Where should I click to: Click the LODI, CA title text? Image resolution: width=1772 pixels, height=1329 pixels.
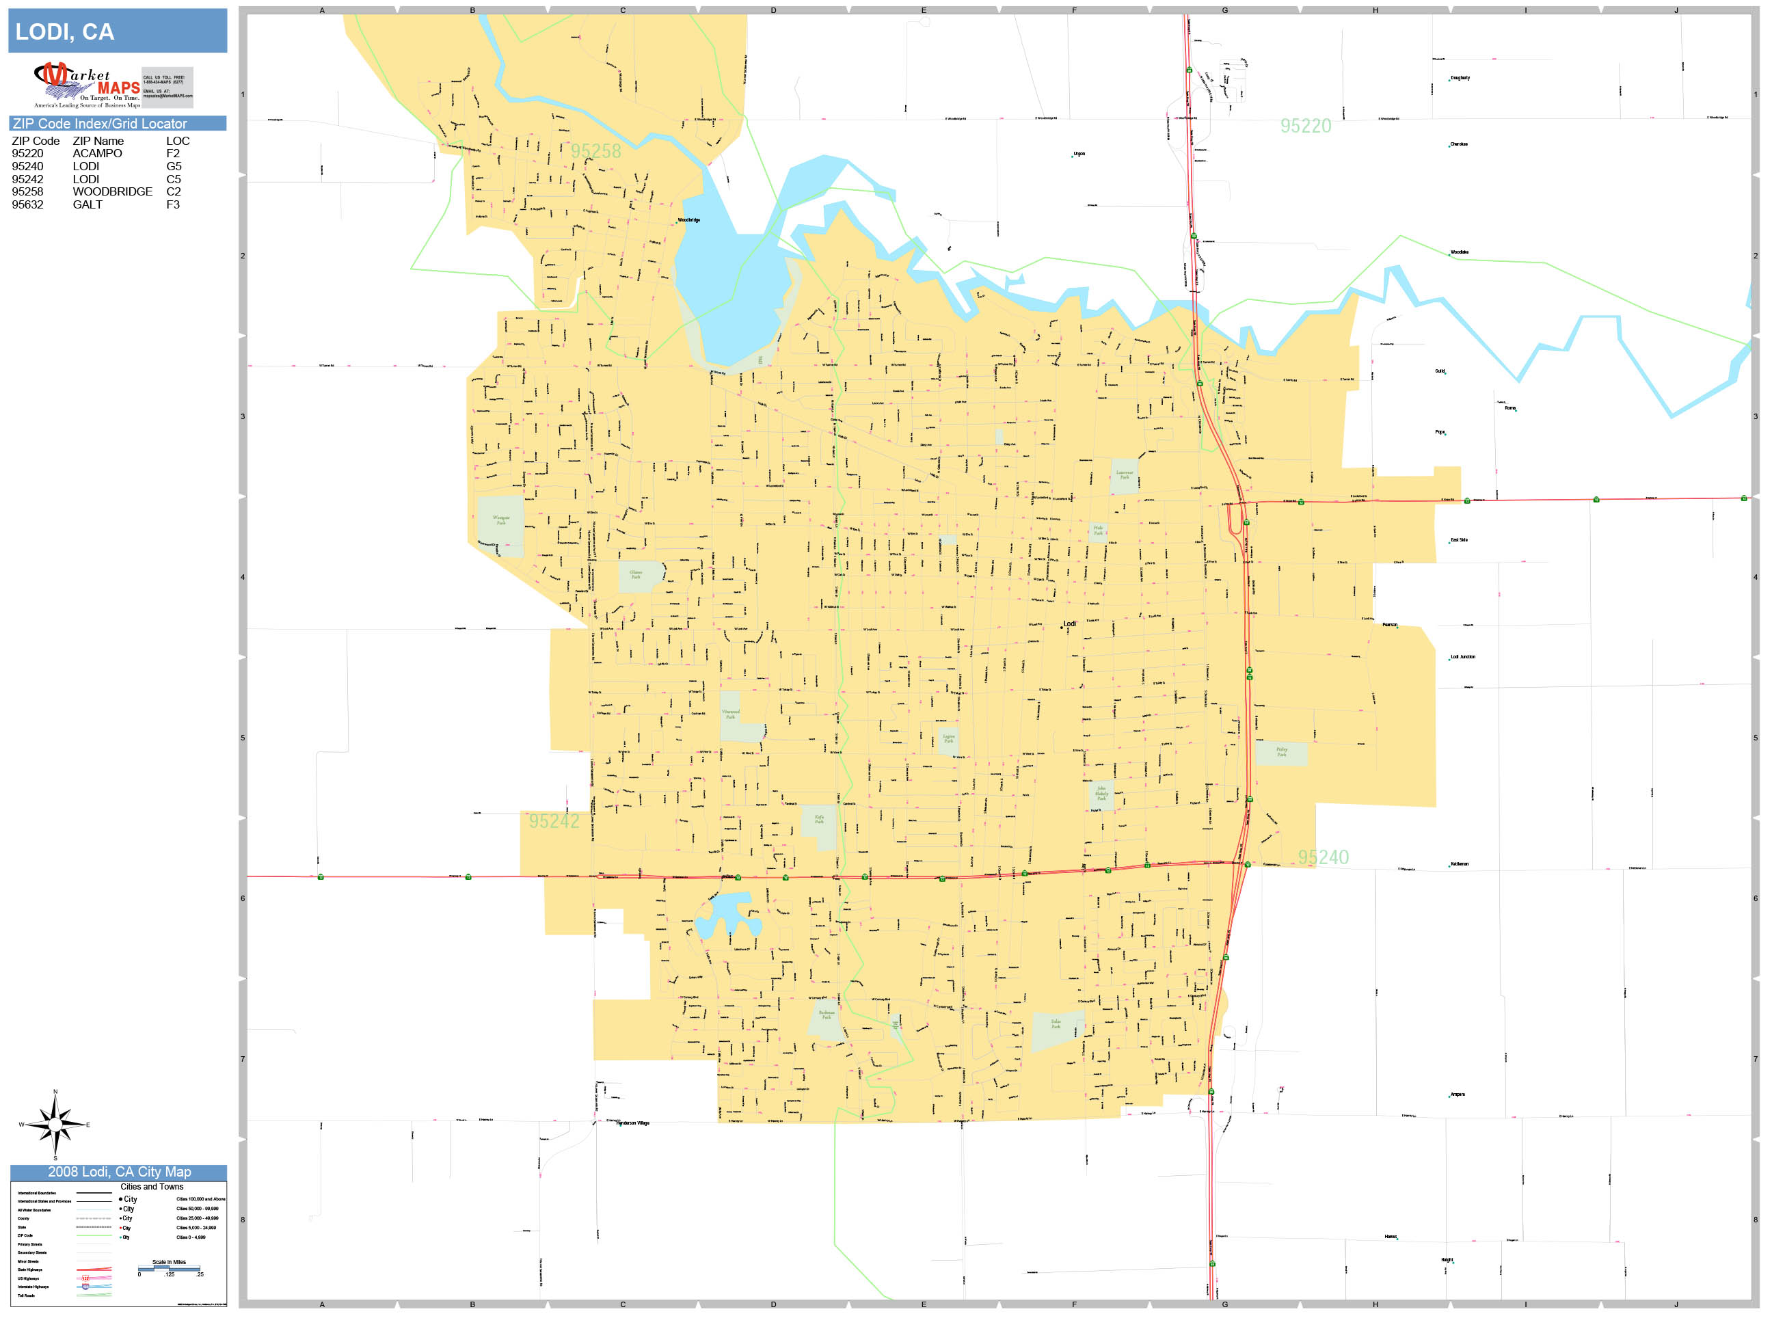pyautogui.click(x=65, y=32)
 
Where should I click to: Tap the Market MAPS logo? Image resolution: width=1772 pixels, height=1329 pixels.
pyautogui.click(x=88, y=85)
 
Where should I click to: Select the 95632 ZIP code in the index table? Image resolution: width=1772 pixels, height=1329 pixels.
pyautogui.click(x=27, y=205)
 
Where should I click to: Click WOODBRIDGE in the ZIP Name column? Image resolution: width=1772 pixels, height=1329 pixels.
pyautogui.click(x=112, y=192)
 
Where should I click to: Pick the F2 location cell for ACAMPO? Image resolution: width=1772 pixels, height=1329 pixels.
pyautogui.click(x=173, y=154)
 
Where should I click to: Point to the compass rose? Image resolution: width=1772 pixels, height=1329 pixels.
pyautogui.click(x=55, y=1125)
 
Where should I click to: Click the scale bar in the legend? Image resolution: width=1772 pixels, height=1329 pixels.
pyautogui.click(x=169, y=1269)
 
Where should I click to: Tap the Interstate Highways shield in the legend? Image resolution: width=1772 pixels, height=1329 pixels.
pyautogui.click(x=85, y=1287)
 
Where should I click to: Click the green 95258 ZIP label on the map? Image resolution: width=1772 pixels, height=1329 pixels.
pyautogui.click(x=595, y=151)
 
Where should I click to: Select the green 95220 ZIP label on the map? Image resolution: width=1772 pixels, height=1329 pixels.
pyautogui.click(x=1305, y=126)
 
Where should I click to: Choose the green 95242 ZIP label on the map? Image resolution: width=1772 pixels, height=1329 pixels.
pyautogui.click(x=554, y=821)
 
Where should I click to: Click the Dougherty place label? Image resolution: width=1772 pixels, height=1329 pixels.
pyautogui.click(x=1460, y=79)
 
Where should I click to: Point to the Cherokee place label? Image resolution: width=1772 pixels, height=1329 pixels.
pyautogui.click(x=1459, y=145)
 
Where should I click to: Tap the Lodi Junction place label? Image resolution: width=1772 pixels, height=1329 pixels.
pyautogui.click(x=1462, y=657)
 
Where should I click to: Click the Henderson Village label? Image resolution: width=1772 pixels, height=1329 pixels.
pyautogui.click(x=633, y=1123)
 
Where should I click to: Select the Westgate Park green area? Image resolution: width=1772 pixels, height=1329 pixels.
pyautogui.click(x=500, y=525)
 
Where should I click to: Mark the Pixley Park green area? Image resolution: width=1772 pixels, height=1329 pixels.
pyautogui.click(x=1281, y=753)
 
